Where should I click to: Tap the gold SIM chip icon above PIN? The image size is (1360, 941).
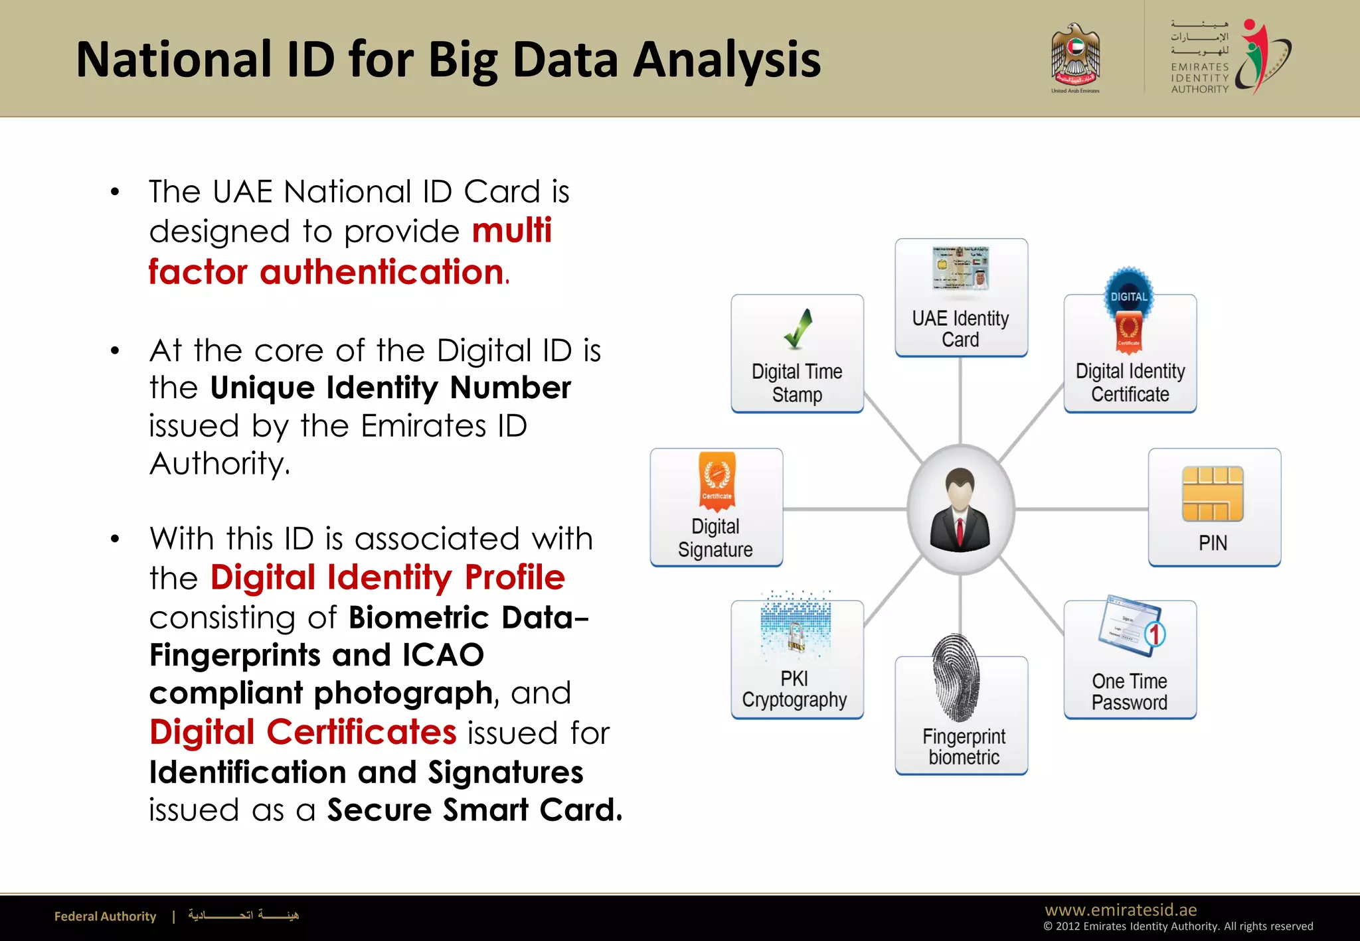coord(1213,494)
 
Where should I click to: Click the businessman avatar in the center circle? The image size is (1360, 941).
coord(960,510)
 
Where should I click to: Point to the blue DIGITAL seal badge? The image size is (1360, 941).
coord(1129,295)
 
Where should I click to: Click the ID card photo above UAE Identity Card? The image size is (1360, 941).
coord(961,269)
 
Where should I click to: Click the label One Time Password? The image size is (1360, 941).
coord(1130,691)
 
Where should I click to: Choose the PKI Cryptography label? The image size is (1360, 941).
coord(794,689)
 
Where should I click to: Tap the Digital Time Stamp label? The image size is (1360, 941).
coord(797,383)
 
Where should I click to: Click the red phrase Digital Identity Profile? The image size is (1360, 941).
coord(387,577)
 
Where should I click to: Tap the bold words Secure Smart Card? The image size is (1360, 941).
coord(474,810)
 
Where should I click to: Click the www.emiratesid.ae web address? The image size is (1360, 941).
coord(1120,909)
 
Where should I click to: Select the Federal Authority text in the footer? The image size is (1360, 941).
coord(105,916)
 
